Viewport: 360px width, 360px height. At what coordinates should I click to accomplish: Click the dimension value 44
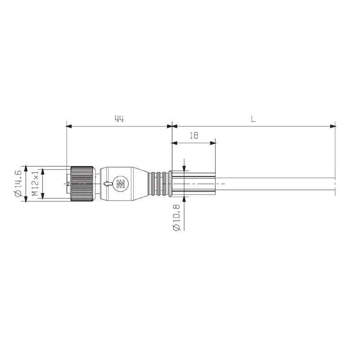tap(119, 119)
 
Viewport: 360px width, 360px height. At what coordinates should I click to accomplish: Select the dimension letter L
tap(253, 119)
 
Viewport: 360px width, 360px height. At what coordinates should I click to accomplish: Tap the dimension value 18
tap(194, 135)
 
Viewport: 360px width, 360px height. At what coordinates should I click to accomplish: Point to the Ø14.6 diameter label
tap(18, 183)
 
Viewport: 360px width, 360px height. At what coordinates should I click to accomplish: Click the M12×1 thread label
tap(35, 184)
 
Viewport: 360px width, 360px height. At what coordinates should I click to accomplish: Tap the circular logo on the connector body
tap(120, 184)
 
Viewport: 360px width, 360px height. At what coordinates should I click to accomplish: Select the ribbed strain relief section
tap(159, 184)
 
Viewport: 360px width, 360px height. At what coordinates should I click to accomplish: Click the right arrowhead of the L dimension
tap(333, 126)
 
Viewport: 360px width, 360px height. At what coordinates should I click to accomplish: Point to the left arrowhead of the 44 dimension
tap(69, 126)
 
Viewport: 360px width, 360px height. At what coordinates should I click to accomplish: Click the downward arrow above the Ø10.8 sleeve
tap(184, 168)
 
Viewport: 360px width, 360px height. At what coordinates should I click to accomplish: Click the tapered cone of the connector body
tap(141, 183)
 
